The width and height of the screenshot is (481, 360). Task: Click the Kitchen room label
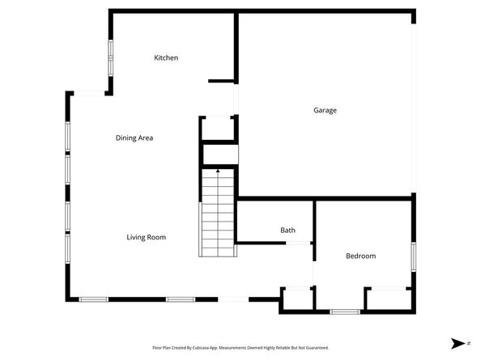click(166, 58)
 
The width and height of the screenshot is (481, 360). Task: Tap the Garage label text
click(325, 110)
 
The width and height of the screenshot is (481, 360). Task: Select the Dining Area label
click(134, 138)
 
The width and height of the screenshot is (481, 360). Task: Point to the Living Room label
click(146, 237)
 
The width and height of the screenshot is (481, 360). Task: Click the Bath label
click(287, 231)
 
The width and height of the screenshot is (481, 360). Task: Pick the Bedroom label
click(360, 256)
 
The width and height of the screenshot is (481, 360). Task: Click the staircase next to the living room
click(217, 214)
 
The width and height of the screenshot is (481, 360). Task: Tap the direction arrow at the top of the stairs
click(217, 172)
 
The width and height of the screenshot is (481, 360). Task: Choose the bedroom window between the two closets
click(345, 311)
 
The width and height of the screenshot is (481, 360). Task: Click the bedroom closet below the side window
click(388, 299)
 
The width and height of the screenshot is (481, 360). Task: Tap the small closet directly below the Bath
click(296, 299)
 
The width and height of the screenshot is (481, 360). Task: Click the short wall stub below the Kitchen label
click(221, 81)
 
